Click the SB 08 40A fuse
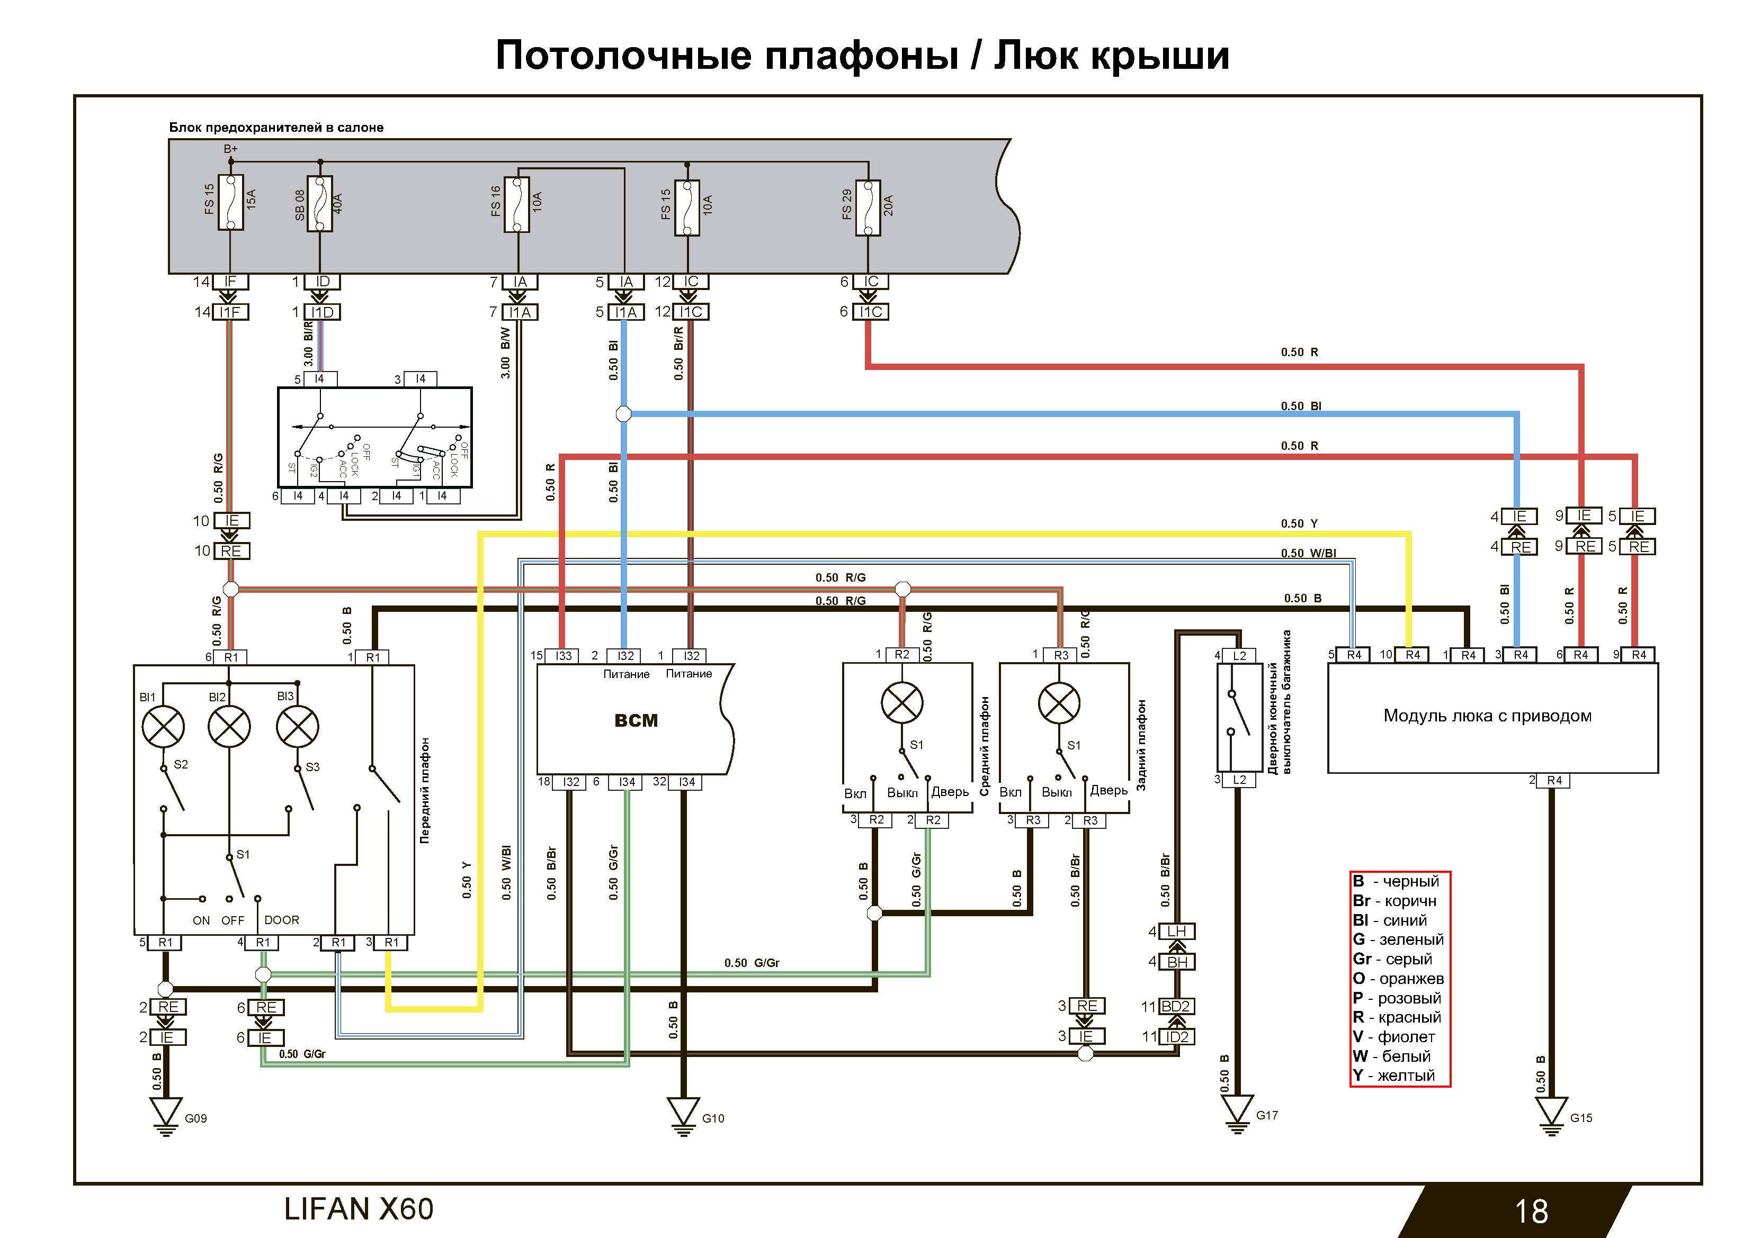pyautogui.click(x=320, y=204)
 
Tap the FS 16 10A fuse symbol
pyautogui.click(x=518, y=204)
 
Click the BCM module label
pyautogui.click(x=636, y=720)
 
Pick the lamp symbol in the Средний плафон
pyautogui.click(x=902, y=702)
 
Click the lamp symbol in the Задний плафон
pyautogui.click(x=1059, y=702)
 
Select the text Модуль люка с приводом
pyautogui.click(x=1487, y=716)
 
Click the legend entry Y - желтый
pyautogui.click(x=1393, y=1076)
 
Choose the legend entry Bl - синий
pyautogui.click(x=1389, y=920)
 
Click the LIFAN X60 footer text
pyautogui.click(x=359, y=1209)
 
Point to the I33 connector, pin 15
pyautogui.click(x=563, y=655)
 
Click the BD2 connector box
pyautogui.click(x=1176, y=1006)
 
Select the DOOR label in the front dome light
pyautogui.click(x=282, y=920)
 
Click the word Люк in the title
pyautogui.click(x=1035, y=55)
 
